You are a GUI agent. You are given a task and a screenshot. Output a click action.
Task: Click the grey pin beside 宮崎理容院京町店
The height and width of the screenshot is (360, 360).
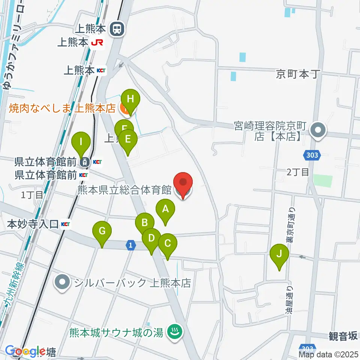tap(319, 131)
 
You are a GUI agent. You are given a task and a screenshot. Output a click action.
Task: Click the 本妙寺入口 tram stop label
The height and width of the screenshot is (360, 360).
tap(33, 224)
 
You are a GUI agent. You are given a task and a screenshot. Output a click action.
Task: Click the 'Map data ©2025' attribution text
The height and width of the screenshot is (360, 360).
tap(328, 354)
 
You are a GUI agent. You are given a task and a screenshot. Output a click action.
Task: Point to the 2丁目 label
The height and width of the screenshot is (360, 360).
tap(298, 172)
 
